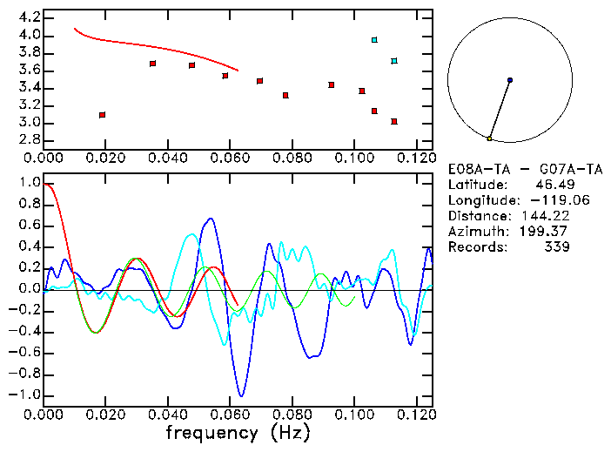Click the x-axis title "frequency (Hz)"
point(238,433)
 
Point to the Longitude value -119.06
point(546,200)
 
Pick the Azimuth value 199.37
point(546,232)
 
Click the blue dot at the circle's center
point(510,80)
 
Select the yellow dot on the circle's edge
point(490,138)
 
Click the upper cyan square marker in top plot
point(374,40)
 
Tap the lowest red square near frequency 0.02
point(103,115)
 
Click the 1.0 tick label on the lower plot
point(30,184)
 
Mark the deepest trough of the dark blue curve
point(242,396)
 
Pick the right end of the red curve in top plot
point(238,70)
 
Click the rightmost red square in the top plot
point(394,122)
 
